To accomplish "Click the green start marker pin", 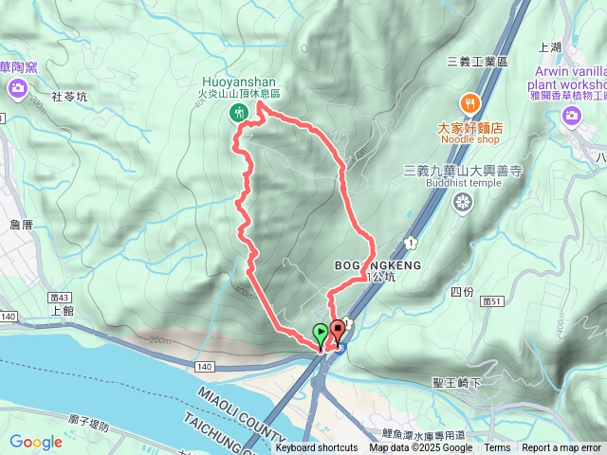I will (x=321, y=334).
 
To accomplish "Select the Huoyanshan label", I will (x=239, y=81).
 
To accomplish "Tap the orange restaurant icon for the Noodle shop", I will (x=469, y=102).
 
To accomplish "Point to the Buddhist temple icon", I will (x=463, y=202).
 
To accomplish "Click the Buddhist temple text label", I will (x=464, y=183).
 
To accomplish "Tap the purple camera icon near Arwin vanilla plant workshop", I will (x=571, y=115).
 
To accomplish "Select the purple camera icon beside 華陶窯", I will (x=18, y=88).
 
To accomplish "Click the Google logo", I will (x=35, y=442).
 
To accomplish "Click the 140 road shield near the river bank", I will (x=206, y=365).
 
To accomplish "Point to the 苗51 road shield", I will (x=490, y=300).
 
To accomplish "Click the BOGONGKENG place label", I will (x=376, y=264).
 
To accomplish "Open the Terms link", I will (x=497, y=448).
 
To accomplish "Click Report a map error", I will (x=561, y=448).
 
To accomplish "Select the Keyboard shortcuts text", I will (x=317, y=448).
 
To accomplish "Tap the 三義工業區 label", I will (x=478, y=61).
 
